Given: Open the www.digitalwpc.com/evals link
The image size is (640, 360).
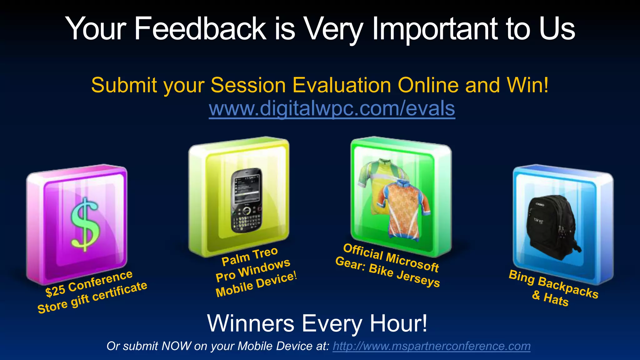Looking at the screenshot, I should tap(332, 108).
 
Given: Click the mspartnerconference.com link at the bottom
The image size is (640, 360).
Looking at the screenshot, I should tap(432, 346).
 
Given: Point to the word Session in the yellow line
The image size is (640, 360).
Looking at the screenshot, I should tap(248, 85).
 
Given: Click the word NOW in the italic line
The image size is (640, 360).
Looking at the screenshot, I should tap(176, 346).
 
